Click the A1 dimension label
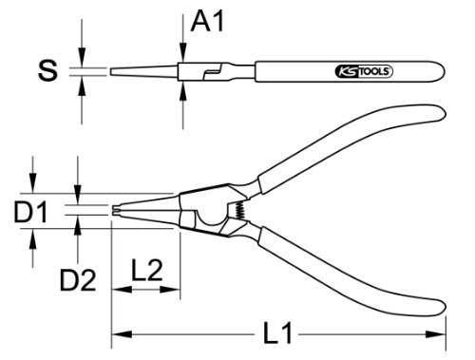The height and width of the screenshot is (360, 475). pyautogui.click(x=207, y=21)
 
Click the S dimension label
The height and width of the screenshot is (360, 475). pyautogui.click(x=47, y=70)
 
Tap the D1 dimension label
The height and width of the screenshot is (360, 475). pyautogui.click(x=30, y=211)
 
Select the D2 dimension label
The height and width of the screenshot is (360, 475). pyautogui.click(x=78, y=280)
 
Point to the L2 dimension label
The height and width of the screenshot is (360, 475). pyautogui.click(x=147, y=270)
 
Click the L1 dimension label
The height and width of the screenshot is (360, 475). pyautogui.click(x=277, y=333)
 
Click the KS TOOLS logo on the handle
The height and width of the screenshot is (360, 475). pyautogui.click(x=364, y=71)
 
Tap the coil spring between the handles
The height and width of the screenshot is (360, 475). pyautogui.click(x=240, y=210)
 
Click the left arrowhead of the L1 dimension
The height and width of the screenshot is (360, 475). pyautogui.click(x=122, y=334)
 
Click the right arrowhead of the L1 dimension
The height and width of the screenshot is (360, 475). pyautogui.click(x=436, y=334)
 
